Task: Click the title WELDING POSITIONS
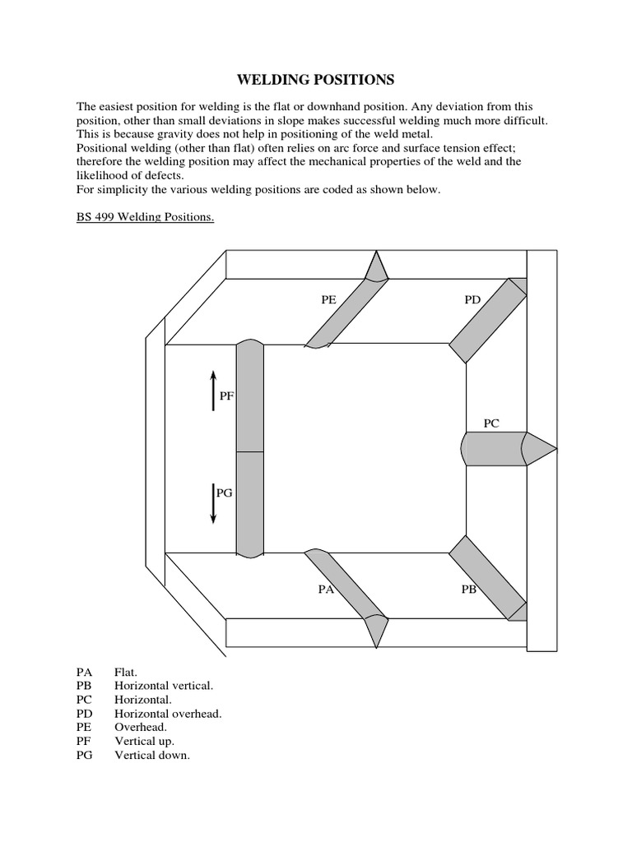click(316, 80)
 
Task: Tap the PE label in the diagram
click(328, 300)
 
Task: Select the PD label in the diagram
click(472, 300)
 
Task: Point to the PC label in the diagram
click(491, 423)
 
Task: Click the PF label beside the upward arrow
click(227, 396)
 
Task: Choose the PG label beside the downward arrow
click(224, 493)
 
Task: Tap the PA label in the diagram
click(327, 589)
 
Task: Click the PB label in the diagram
click(468, 589)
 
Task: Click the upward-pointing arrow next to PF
click(213, 391)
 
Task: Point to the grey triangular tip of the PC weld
click(539, 449)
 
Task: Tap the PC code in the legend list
click(84, 700)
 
